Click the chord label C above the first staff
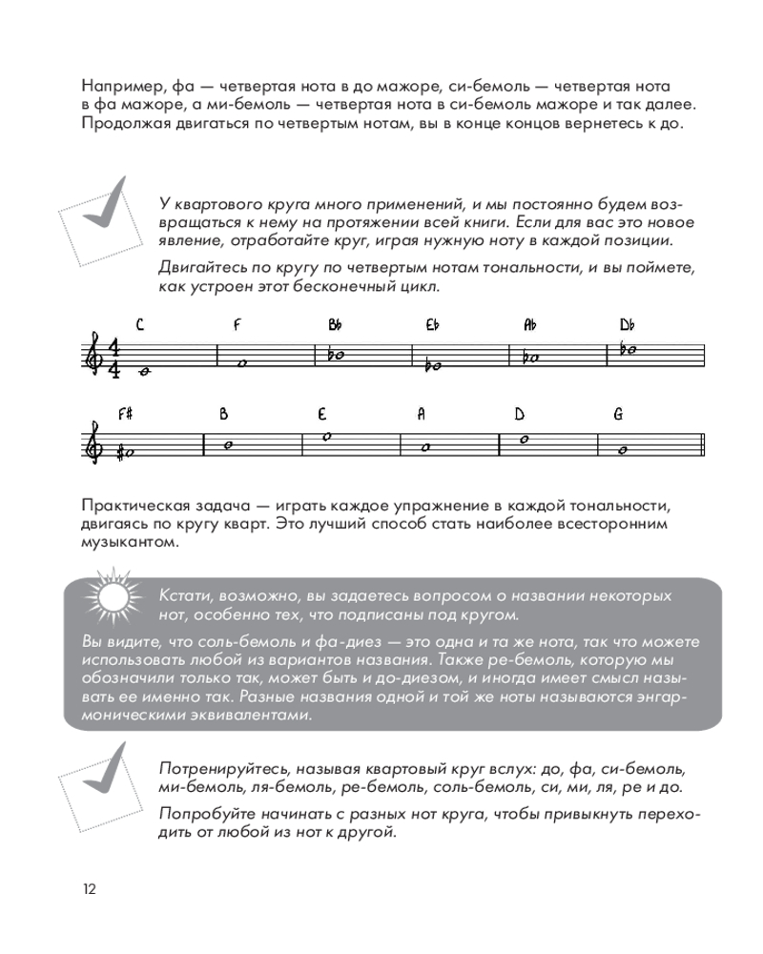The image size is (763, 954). pyautogui.click(x=140, y=324)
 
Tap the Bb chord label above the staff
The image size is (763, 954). pyautogui.click(x=335, y=324)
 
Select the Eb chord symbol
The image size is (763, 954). pyautogui.click(x=432, y=324)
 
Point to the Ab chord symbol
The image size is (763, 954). pyautogui.click(x=530, y=324)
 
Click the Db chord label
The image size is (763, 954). pyautogui.click(x=627, y=324)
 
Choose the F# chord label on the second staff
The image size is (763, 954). pyautogui.click(x=125, y=415)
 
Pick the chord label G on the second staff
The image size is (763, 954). pyautogui.click(x=618, y=415)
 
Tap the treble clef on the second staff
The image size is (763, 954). pyautogui.click(x=93, y=444)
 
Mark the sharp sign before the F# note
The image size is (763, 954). pyautogui.click(x=119, y=452)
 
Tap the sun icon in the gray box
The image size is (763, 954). pyautogui.click(x=113, y=598)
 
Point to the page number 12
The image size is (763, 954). pyautogui.click(x=89, y=889)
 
